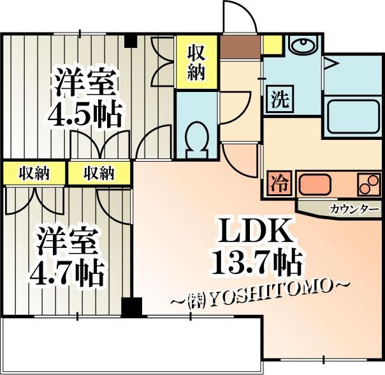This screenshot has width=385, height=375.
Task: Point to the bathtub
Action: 353,116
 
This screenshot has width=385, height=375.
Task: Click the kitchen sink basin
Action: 315,184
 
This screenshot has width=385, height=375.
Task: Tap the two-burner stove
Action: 369,183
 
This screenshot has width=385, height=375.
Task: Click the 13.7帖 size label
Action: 256,261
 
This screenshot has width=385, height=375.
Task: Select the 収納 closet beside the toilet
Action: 196,63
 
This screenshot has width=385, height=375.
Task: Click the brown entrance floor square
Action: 240,47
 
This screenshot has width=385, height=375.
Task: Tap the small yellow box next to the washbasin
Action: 273,44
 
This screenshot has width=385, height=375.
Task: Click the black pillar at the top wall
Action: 131,41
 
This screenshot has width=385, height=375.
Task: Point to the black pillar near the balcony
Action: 132,307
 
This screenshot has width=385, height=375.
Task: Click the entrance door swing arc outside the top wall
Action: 240,17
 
